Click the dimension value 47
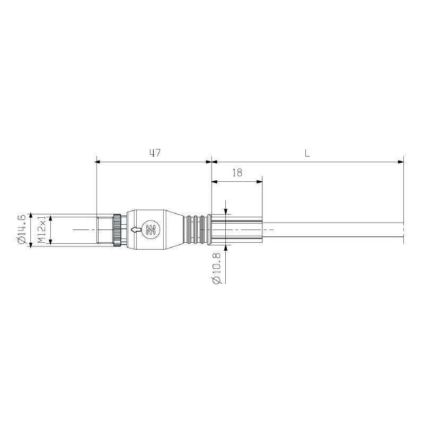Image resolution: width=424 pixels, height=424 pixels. pyautogui.click(x=155, y=153)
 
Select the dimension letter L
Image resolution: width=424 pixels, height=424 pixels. pyautogui.click(x=307, y=153)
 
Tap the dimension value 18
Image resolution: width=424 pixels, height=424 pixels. pyautogui.click(x=237, y=173)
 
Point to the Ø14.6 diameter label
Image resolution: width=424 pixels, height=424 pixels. pyautogui.click(x=22, y=229)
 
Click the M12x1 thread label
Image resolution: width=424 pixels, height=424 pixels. pyautogui.click(x=41, y=229)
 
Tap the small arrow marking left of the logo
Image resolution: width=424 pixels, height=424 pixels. pyautogui.click(x=137, y=229)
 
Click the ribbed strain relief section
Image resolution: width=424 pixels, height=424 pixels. pyautogui.click(x=196, y=229)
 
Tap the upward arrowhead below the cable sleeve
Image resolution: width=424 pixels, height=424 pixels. pyautogui.click(x=226, y=248)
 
